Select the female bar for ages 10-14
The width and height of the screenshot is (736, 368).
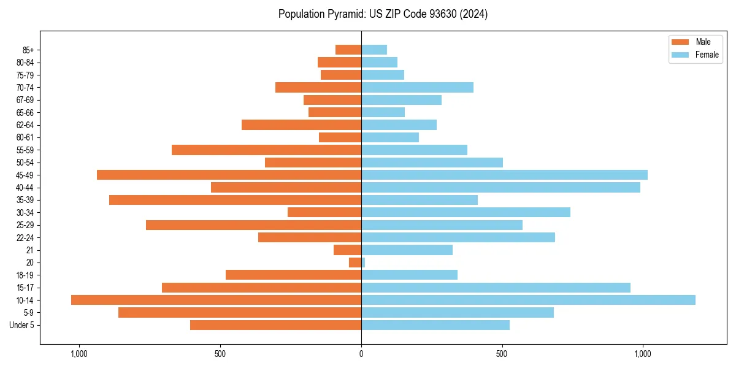pyautogui.click(x=528, y=300)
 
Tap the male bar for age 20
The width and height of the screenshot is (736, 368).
pyautogui.click(x=355, y=263)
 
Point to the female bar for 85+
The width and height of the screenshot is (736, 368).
pyautogui.click(x=374, y=50)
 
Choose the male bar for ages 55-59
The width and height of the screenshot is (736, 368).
pyautogui.click(x=266, y=150)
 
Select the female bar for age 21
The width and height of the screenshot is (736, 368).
pyautogui.click(x=407, y=250)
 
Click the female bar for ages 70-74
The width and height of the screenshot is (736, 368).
pyautogui.click(x=417, y=87)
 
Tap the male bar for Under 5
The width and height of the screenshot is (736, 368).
pyautogui.click(x=275, y=325)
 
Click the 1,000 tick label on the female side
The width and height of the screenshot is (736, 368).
pyautogui.click(x=643, y=354)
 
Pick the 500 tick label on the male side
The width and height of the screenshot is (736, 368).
pyautogui.click(x=220, y=354)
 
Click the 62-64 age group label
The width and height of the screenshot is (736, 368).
pyautogui.click(x=25, y=125)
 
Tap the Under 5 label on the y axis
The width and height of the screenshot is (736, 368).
pyautogui.click(x=22, y=325)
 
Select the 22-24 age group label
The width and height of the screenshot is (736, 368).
pyautogui.click(x=25, y=237)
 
